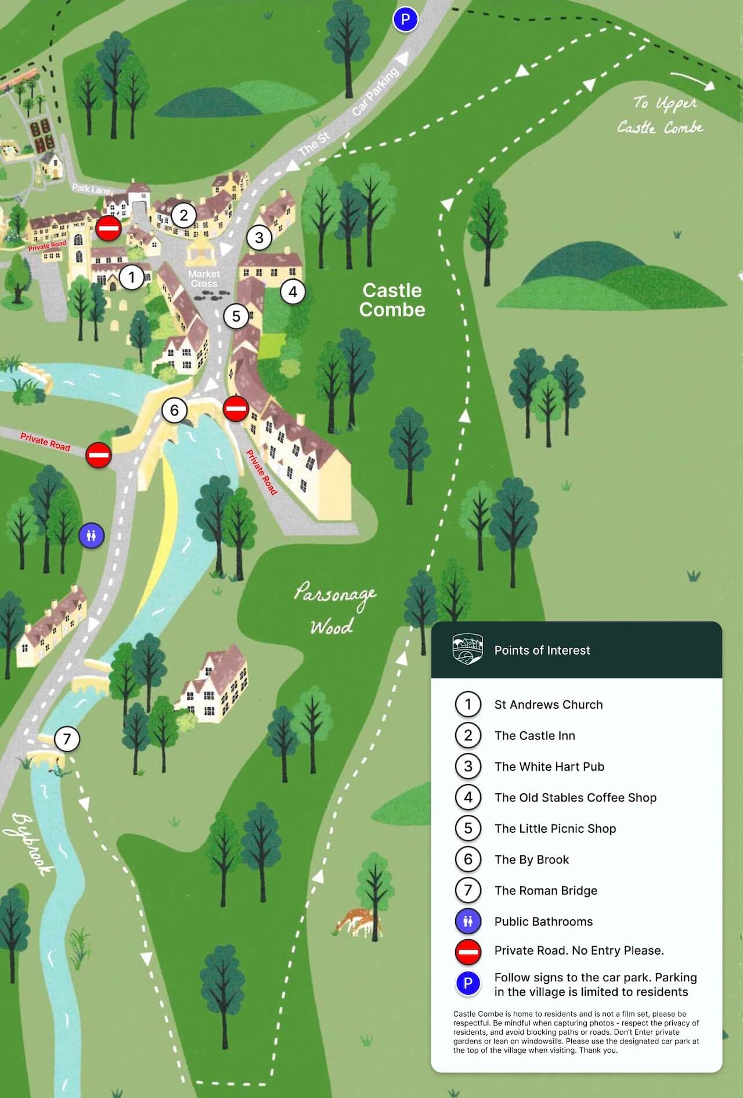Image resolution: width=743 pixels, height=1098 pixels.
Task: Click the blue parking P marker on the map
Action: point(405,20)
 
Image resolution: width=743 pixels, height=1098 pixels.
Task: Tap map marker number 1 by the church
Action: point(132,277)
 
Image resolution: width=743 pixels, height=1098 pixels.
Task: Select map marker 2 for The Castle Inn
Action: point(184,215)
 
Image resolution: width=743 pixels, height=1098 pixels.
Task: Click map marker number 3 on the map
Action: point(259,237)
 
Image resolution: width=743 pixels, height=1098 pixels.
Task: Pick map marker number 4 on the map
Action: point(293,291)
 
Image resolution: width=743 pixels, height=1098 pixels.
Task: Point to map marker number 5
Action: point(236,316)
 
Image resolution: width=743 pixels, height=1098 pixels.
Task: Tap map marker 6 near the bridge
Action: point(174,410)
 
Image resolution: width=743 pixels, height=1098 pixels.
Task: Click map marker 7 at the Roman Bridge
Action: point(67,739)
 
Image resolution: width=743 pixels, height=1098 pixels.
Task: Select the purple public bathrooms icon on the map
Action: point(91,535)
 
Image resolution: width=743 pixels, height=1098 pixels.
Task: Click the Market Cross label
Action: point(204,279)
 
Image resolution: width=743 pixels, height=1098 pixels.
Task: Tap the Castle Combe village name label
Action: point(392,300)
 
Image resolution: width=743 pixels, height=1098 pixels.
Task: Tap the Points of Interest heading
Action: point(542,650)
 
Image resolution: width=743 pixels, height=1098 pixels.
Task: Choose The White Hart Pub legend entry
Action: point(549,766)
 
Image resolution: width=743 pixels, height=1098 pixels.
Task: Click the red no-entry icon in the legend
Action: point(468,951)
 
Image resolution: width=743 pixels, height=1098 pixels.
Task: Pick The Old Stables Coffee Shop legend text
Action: point(575,797)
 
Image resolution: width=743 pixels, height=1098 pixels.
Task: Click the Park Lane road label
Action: point(91,189)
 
